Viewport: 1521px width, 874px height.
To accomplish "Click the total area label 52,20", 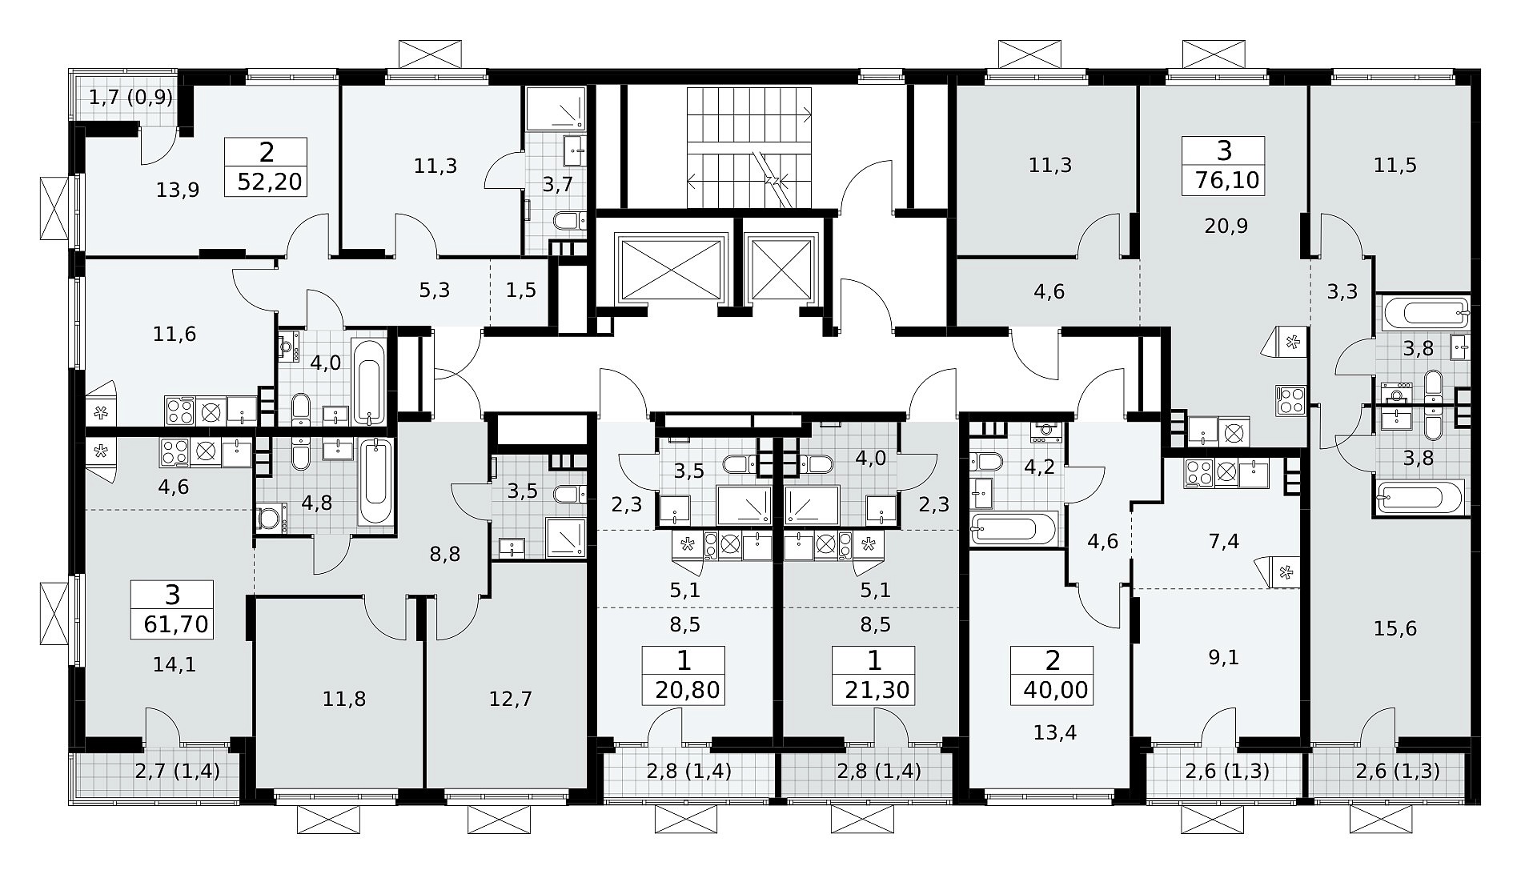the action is click(270, 182).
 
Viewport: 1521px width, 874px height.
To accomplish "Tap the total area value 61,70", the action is click(176, 623).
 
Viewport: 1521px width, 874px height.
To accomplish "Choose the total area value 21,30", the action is click(877, 689).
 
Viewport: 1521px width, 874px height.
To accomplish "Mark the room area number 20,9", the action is click(1226, 227).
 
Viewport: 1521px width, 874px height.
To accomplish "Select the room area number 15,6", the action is click(1395, 629).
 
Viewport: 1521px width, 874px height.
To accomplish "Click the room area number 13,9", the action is click(178, 190).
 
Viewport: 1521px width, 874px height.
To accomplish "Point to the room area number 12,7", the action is click(511, 700).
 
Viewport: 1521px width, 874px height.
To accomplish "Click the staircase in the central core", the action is click(750, 148).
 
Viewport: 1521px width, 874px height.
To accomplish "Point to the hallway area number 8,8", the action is click(445, 555).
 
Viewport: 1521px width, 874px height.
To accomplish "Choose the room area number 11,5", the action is click(1395, 166).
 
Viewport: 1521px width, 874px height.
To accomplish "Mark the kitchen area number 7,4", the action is click(1225, 542).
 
